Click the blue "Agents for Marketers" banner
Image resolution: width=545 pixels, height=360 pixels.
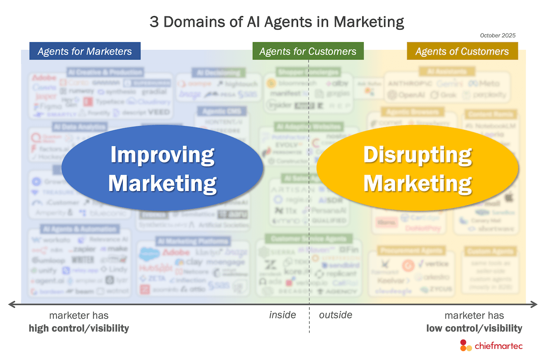(x=85, y=51)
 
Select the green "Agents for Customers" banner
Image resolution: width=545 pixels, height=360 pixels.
(x=308, y=51)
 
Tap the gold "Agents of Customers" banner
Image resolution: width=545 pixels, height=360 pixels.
(x=462, y=51)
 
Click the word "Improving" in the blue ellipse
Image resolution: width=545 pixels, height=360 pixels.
(x=162, y=155)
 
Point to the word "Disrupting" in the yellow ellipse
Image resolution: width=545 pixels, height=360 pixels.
(x=418, y=155)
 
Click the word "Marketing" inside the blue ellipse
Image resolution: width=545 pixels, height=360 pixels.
(x=162, y=183)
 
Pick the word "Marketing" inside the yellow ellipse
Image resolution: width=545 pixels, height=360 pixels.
(x=418, y=183)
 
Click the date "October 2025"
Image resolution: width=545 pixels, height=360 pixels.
(x=497, y=36)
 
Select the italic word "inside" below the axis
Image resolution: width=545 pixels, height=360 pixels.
(x=283, y=315)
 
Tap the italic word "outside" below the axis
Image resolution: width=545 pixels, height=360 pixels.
(x=335, y=315)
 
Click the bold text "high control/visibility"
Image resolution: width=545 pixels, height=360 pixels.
(x=79, y=328)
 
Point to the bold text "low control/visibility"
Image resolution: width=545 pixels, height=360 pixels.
(x=474, y=328)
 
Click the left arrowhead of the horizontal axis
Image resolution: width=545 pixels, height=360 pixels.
(x=12, y=304)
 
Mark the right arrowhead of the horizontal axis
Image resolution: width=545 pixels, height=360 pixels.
(x=534, y=304)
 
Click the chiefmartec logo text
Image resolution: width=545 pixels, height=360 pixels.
(x=498, y=346)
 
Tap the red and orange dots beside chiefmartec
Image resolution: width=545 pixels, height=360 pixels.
(x=465, y=345)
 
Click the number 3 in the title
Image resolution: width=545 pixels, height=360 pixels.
(x=154, y=22)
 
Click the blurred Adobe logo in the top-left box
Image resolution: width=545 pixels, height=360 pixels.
(x=44, y=78)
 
